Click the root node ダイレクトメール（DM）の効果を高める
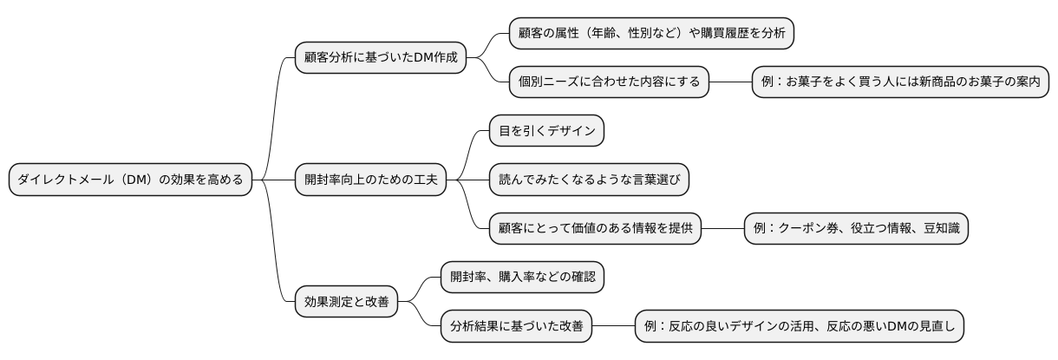tap(131, 180)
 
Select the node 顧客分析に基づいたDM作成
tap(381, 58)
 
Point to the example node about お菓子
tap(900, 82)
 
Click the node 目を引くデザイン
tap(546, 131)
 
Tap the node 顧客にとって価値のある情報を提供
tap(595, 228)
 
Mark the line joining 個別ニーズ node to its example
tap(731, 82)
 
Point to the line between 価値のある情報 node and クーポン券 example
tap(723, 228)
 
